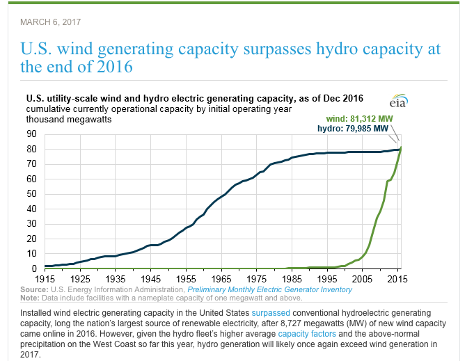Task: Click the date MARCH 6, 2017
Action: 51,22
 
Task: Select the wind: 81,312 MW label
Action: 360,119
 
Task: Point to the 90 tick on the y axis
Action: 32,134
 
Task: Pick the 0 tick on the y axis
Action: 34,269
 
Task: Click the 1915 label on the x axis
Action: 45,278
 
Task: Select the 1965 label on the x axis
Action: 221,278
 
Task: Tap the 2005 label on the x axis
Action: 363,278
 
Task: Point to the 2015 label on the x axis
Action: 396,278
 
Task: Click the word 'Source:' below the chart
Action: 33,289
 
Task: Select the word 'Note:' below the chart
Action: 31,297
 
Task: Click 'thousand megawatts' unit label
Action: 69,120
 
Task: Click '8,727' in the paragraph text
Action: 253,323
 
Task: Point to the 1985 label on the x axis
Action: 292,278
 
